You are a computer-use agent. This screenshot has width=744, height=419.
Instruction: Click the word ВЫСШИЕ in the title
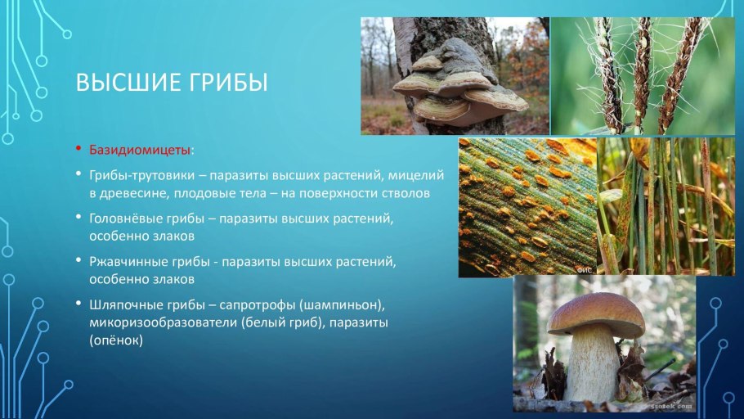123,83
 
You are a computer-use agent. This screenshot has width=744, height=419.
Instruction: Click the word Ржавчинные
125,262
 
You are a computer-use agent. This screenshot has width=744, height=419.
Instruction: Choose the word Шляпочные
123,305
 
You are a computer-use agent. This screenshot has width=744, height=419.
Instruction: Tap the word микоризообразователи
164,322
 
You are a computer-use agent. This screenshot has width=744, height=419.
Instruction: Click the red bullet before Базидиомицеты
78,151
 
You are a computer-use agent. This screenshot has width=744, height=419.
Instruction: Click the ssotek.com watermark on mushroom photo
673,403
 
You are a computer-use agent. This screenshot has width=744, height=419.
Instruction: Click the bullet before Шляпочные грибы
78,305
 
